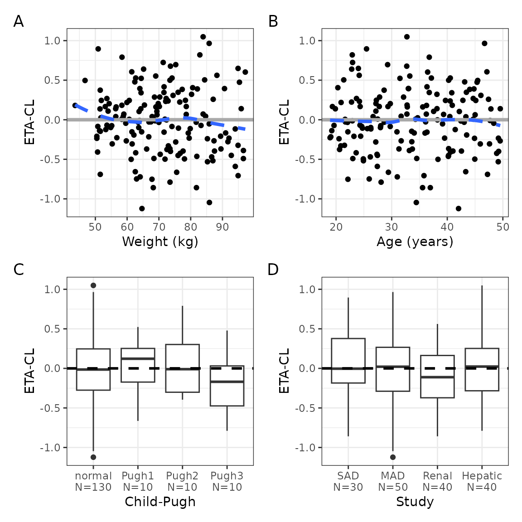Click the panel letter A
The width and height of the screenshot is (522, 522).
tap(19, 21)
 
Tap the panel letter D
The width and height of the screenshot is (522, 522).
tap(273, 270)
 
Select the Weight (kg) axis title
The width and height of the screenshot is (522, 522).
tap(160, 242)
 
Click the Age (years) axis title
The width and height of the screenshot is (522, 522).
tap(415, 242)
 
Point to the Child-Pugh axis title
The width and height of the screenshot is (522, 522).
tap(160, 502)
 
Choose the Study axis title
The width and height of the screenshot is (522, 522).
tap(415, 502)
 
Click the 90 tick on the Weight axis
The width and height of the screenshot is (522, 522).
tap(222, 227)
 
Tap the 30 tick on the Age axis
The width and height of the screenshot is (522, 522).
tap(391, 227)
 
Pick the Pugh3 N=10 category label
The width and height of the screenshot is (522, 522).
tap(227, 481)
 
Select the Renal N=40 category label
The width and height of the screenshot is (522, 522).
tap(437, 481)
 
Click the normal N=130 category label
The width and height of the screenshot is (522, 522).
tap(93, 481)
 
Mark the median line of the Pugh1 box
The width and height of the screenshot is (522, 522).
tap(138, 358)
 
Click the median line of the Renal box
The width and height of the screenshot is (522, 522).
tap(437, 377)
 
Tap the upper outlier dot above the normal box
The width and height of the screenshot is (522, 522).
tap(93, 285)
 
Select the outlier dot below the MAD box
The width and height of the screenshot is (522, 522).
tap(393, 457)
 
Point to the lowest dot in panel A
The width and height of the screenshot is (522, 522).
tap(142, 208)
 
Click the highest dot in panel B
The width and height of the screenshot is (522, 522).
tap(407, 37)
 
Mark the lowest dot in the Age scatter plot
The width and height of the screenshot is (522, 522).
tap(459, 208)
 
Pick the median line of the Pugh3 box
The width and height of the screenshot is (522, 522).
tap(227, 382)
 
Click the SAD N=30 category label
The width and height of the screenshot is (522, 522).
tap(348, 481)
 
